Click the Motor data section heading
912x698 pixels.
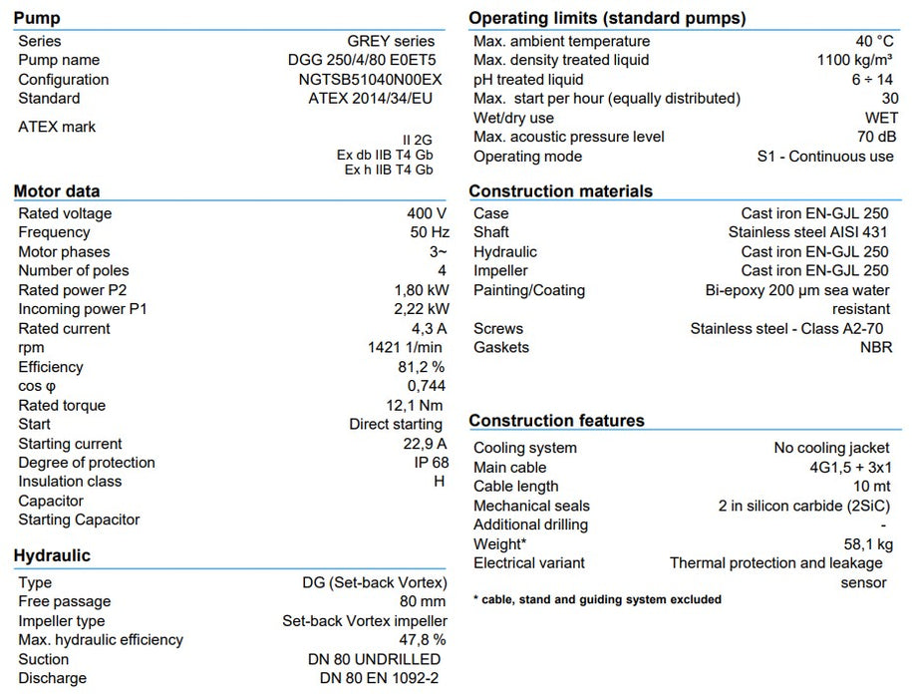57,191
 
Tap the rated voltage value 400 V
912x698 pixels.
427,213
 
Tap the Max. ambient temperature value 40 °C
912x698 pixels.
874,41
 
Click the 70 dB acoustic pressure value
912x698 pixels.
874,137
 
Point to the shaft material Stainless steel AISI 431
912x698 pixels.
808,232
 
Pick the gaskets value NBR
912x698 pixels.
876,347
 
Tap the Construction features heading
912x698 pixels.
556,421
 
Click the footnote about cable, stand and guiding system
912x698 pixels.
597,599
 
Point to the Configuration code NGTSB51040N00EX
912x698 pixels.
370,79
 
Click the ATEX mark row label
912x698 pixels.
57,127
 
